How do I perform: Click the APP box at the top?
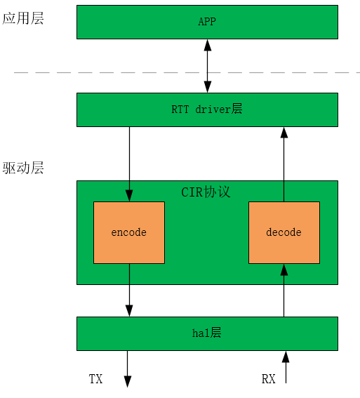(x=207, y=22)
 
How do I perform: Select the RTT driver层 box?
(x=207, y=110)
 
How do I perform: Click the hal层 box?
(x=207, y=333)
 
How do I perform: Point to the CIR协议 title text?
(x=206, y=192)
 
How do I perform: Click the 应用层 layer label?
(x=23, y=19)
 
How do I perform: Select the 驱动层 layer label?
(x=23, y=168)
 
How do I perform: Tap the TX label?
(x=95, y=379)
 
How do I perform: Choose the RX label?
(x=268, y=379)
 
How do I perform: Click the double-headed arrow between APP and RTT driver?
(x=207, y=66)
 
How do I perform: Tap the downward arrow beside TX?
(x=128, y=369)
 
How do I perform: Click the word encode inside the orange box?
(x=129, y=232)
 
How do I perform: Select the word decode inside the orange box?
(x=284, y=232)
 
